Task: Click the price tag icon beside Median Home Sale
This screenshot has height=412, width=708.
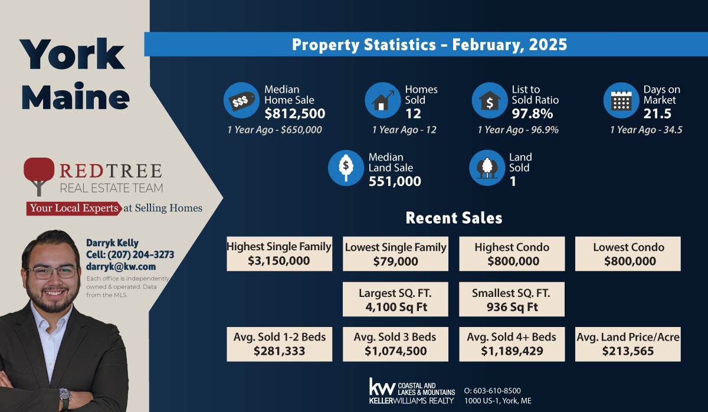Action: pyautogui.click(x=241, y=101)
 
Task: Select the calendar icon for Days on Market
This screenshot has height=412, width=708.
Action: pyautogui.click(x=621, y=101)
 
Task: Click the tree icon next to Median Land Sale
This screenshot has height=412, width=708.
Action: pyautogui.click(x=345, y=168)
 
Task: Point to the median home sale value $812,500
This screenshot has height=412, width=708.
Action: pyautogui.click(x=294, y=113)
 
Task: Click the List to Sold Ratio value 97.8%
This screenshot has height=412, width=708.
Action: pyautogui.click(x=532, y=113)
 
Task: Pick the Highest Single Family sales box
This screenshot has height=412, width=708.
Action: pyautogui.click(x=279, y=254)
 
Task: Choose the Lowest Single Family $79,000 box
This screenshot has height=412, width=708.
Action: pyautogui.click(x=395, y=254)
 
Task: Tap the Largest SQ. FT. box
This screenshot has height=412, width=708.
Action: pyautogui.click(x=395, y=299)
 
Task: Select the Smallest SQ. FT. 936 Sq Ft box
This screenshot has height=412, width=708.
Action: pyautogui.click(x=512, y=299)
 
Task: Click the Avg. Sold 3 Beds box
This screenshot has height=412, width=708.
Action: pyautogui.click(x=395, y=344)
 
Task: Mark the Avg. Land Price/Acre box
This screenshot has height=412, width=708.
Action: pyautogui.click(x=628, y=344)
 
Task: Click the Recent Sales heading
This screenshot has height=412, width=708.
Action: pyautogui.click(x=454, y=218)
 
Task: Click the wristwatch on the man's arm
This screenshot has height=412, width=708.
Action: pyautogui.click(x=64, y=396)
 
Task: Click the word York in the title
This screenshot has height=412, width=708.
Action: pyautogui.click(x=73, y=55)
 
